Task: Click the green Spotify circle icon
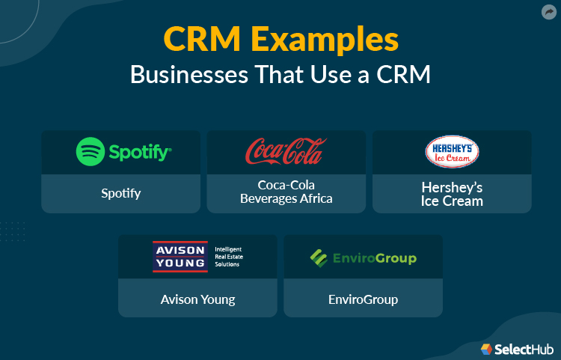tap(91, 151)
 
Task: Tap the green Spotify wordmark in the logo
tap(141, 153)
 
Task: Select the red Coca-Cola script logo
tap(286, 151)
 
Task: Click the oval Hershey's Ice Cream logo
tap(452, 152)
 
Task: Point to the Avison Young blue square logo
tap(180, 257)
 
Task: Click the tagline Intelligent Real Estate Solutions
tap(229, 257)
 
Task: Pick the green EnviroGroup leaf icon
tap(319, 258)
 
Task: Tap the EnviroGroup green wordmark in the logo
tap(375, 258)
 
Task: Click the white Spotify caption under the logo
tap(121, 194)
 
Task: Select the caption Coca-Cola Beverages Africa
tap(286, 192)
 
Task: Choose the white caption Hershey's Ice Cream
tap(452, 195)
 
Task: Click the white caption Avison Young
tap(198, 299)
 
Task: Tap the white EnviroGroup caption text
tap(363, 299)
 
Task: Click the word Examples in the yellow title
tap(325, 40)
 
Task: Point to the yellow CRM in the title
tap(202, 39)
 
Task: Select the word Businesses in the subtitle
tap(189, 74)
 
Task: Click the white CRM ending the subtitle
tap(403, 74)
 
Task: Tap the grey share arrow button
tap(549, 12)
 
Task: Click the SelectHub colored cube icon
tap(487, 349)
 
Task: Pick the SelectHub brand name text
tap(524, 350)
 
